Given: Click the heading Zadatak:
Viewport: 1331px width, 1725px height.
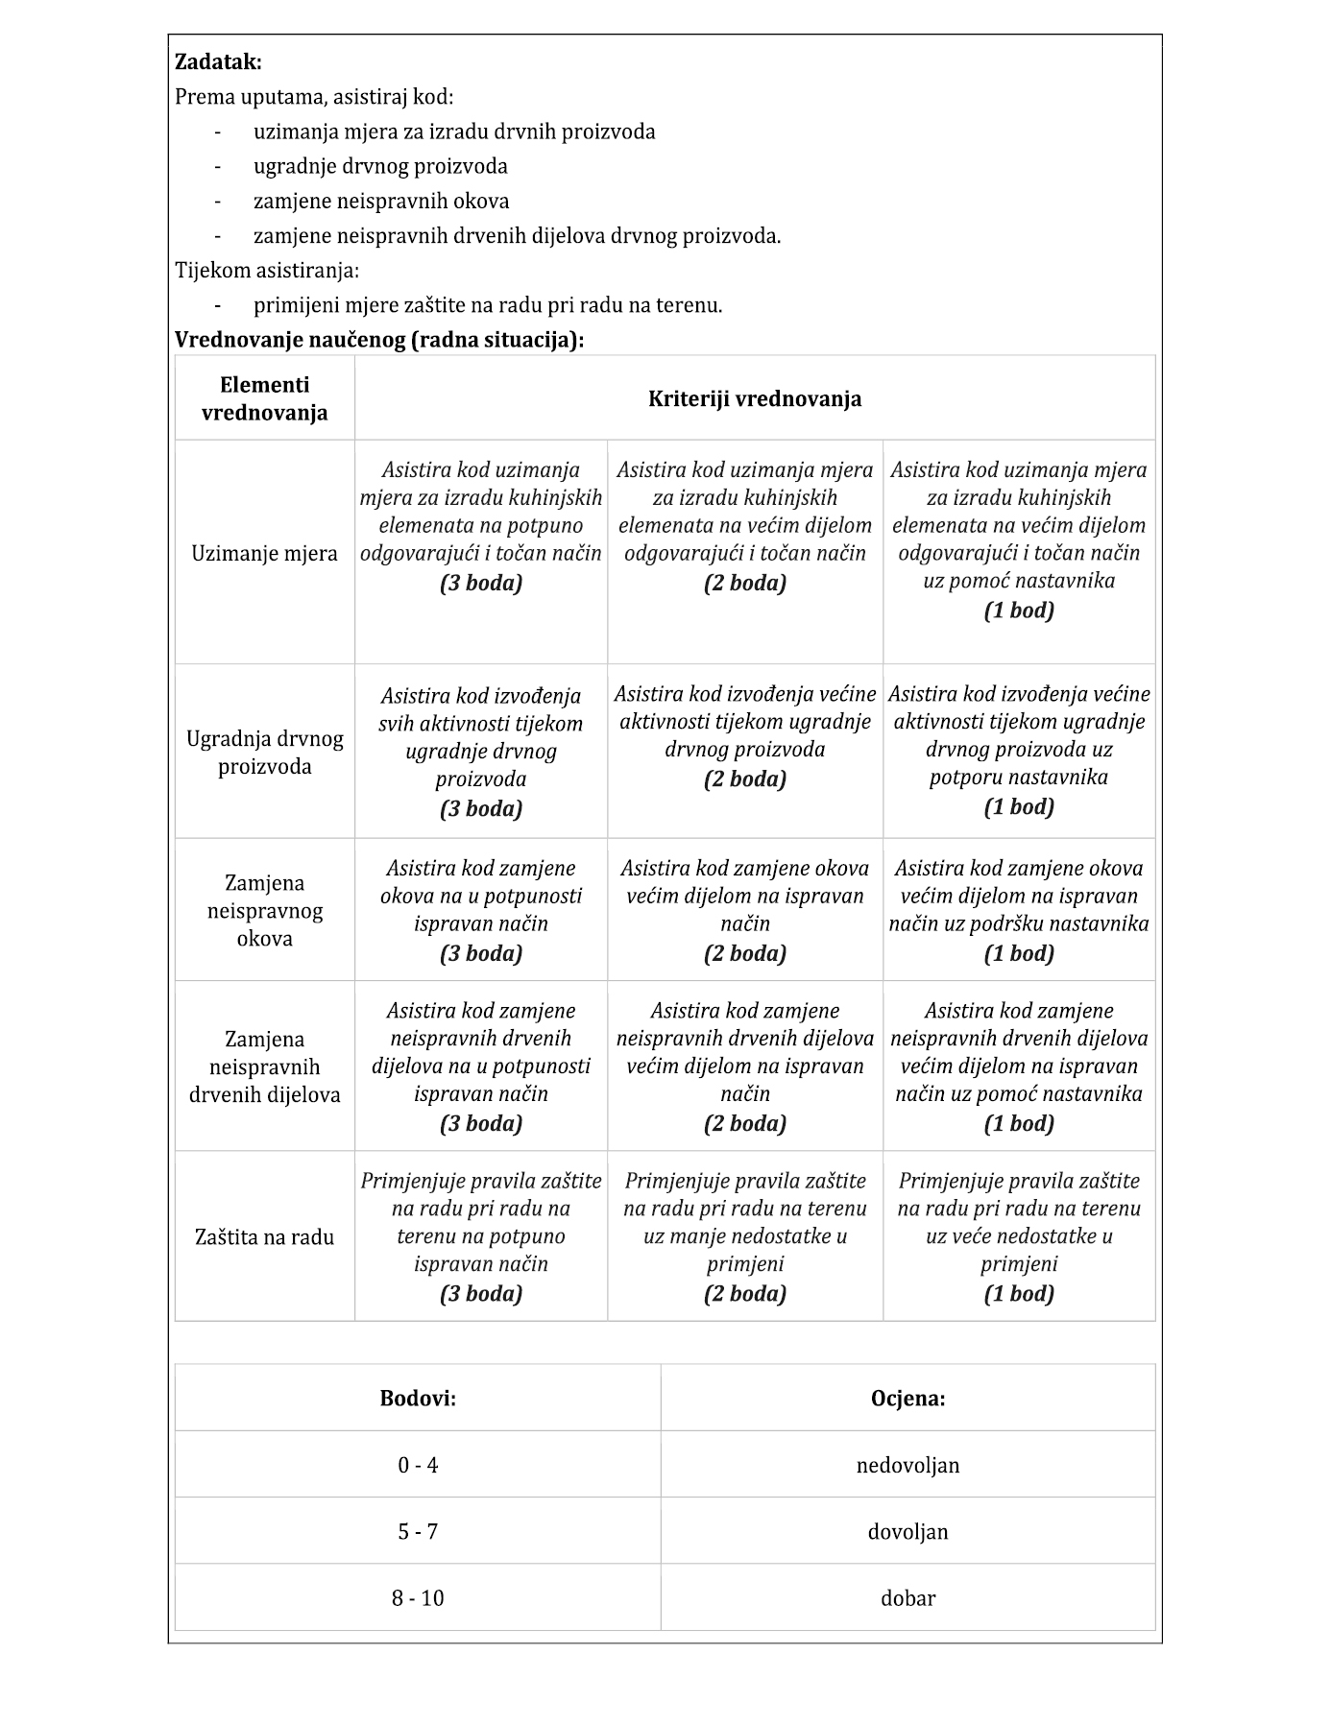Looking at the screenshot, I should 218,62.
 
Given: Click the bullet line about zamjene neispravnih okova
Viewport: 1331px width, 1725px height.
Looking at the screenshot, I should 381,202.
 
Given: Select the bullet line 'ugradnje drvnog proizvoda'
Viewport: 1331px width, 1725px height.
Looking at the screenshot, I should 380,167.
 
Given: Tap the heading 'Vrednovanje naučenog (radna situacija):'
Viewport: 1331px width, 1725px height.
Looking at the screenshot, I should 379,340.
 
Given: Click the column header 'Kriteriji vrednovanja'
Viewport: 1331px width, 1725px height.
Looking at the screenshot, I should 754,398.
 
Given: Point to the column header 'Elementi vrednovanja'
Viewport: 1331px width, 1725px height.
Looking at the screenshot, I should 264,398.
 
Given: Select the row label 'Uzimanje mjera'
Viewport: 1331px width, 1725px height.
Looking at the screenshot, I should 264,554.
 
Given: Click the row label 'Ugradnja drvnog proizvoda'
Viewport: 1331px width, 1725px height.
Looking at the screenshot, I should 264,753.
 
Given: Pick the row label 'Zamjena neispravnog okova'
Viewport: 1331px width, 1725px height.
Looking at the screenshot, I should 264,910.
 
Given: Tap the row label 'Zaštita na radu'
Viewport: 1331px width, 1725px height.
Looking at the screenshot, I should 264,1237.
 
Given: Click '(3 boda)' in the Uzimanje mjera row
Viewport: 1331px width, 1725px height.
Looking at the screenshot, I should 481,583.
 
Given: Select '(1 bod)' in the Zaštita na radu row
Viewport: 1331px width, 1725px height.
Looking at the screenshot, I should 1019,1294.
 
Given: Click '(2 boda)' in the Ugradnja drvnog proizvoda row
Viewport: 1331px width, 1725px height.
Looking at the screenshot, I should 745,779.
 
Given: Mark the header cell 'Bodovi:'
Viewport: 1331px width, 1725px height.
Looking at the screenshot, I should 418,1398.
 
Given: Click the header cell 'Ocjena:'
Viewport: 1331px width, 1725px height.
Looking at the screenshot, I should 907,1398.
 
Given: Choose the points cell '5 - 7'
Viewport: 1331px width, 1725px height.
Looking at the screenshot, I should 418,1531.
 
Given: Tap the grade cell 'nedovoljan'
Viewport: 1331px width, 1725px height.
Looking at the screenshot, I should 907,1465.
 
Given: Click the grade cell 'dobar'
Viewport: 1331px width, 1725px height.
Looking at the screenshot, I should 907,1598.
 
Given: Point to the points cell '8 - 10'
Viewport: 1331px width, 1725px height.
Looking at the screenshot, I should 418,1598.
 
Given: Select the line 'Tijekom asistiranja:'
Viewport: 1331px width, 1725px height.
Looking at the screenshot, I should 267,271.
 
